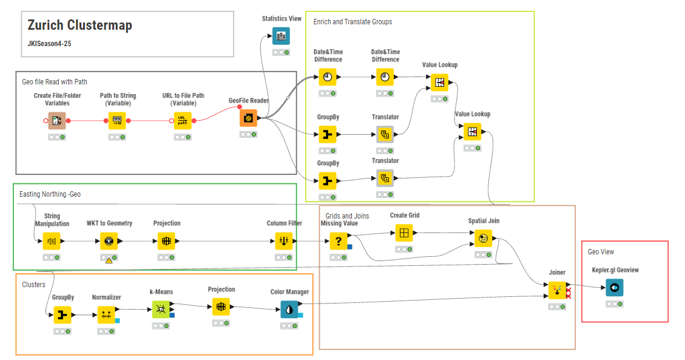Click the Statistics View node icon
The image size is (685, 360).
[281, 36]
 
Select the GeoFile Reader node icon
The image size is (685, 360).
[248, 118]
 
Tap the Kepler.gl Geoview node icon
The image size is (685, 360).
[614, 288]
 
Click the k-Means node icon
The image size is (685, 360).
[161, 310]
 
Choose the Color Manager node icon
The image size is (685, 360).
[289, 310]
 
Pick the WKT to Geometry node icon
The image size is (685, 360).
[109, 241]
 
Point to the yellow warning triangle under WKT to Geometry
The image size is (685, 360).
[109, 260]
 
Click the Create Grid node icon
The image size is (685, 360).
[404, 233]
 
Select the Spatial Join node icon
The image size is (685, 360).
[484, 239]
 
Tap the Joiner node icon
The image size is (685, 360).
[557, 291]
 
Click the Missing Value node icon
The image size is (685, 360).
[339, 242]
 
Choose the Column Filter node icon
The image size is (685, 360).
[284, 241]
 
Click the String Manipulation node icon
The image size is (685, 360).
[52, 241]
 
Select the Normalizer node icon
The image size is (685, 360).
[106, 314]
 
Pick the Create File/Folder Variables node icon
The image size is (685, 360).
[57, 121]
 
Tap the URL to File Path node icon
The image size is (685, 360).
[183, 121]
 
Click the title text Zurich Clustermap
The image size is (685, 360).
[79, 25]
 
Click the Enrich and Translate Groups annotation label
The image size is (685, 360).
[353, 22]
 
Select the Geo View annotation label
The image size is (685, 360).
[601, 251]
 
